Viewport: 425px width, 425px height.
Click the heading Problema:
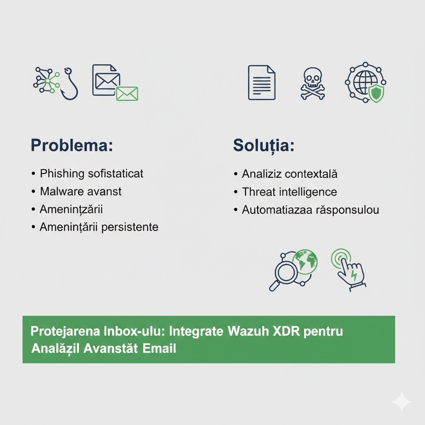[x=72, y=145]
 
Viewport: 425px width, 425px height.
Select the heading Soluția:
[x=264, y=146]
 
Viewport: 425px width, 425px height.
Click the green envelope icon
[x=127, y=94]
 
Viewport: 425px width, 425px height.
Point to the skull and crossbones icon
[x=313, y=83]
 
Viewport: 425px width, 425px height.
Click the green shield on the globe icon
[x=376, y=93]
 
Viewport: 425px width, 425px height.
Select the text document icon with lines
[x=261, y=83]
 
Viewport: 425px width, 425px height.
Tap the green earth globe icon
[x=305, y=262]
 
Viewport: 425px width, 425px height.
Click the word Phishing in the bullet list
[x=62, y=174]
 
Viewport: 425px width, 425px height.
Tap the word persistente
[x=130, y=227]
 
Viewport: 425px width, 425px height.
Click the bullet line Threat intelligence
[x=289, y=192]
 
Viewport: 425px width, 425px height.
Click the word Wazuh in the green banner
[x=248, y=331]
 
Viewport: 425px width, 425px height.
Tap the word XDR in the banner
[x=286, y=331]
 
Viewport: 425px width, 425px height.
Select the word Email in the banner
[x=159, y=348]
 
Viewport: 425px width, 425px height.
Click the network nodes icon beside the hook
[x=46, y=81]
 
